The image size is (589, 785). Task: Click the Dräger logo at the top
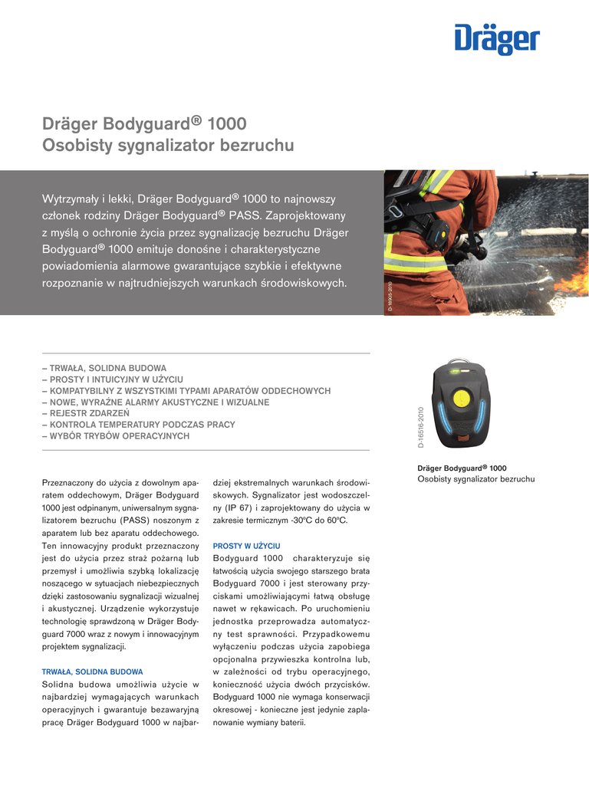point(497,38)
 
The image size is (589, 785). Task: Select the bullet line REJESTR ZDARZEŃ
point(80,413)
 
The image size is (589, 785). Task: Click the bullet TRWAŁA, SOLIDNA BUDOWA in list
point(104,368)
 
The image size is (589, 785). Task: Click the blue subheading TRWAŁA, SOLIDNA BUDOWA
point(92,672)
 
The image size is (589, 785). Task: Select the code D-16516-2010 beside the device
point(421,427)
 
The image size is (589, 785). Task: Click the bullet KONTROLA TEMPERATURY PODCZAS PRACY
point(138,425)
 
